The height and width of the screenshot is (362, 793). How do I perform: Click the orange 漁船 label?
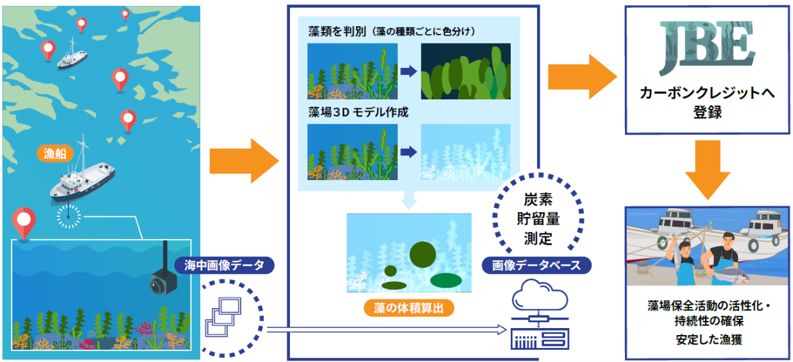55,153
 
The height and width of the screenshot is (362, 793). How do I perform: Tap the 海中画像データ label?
224,265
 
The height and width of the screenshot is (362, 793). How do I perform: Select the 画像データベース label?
536,265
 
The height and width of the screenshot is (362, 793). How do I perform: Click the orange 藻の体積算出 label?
409,308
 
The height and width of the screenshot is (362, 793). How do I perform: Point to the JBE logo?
706,47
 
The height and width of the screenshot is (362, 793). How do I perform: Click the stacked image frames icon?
223,317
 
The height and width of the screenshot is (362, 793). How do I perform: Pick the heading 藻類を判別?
337,31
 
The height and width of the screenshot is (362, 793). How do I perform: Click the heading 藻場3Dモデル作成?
358,112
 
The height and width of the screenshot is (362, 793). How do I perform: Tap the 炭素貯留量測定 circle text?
538,219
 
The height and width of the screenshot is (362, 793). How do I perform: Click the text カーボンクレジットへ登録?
707,103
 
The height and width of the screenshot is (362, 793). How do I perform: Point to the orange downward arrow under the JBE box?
707,170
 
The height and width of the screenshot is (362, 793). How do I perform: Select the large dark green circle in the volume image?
423,254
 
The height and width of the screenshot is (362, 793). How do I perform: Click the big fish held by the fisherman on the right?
729,275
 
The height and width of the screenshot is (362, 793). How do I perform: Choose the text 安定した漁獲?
709,340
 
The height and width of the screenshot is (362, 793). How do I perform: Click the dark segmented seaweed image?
466,71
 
